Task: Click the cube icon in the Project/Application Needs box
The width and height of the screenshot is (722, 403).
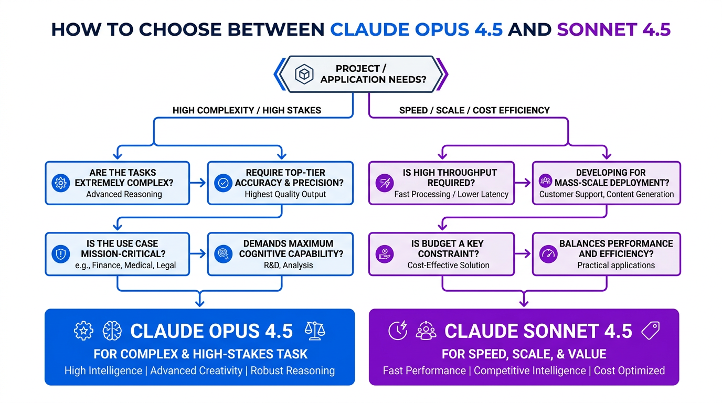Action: (x=304, y=74)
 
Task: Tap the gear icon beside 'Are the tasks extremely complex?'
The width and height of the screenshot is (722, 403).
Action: (x=61, y=183)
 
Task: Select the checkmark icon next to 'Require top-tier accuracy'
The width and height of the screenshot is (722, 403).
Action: (x=223, y=183)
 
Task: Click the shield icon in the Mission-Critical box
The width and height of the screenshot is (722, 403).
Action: (x=61, y=254)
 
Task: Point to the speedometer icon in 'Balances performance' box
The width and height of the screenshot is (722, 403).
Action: (x=548, y=254)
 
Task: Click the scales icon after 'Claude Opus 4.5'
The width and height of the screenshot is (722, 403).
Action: (x=315, y=331)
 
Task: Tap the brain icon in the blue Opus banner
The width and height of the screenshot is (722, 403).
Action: (x=112, y=331)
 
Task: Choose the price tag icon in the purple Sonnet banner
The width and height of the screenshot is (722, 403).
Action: (x=650, y=331)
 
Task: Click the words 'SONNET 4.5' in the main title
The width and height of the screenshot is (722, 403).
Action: (x=613, y=29)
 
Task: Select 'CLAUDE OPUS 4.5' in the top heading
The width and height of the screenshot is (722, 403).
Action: (x=416, y=29)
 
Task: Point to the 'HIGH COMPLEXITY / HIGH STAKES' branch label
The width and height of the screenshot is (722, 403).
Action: (x=247, y=110)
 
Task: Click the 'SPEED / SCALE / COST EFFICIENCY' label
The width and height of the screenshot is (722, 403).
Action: (x=474, y=110)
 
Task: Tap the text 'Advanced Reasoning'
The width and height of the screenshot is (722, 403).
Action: (x=124, y=194)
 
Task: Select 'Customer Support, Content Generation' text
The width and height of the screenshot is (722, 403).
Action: (x=607, y=194)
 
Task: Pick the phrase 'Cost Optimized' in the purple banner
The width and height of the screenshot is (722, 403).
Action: (x=629, y=370)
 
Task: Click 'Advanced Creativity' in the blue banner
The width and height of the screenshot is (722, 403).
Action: (x=196, y=370)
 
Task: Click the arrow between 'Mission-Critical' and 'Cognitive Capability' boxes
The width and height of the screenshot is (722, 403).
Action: (x=198, y=254)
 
